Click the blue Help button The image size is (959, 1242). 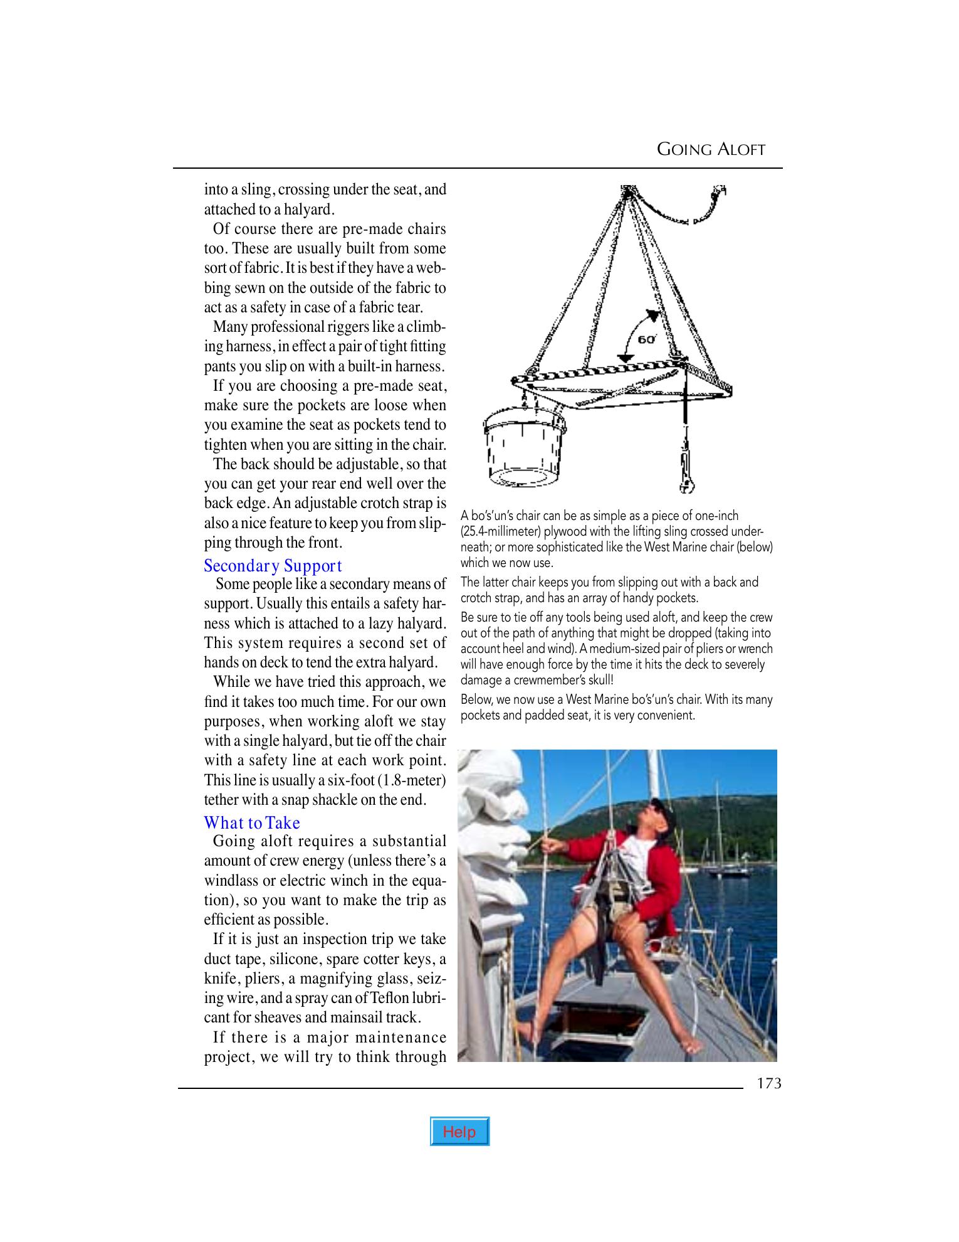(x=459, y=1132)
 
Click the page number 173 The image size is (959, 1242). (x=768, y=1083)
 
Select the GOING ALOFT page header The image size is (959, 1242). (x=711, y=149)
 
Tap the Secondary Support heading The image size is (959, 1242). (x=273, y=566)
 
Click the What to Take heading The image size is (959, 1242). (x=252, y=823)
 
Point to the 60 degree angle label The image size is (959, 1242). (x=646, y=339)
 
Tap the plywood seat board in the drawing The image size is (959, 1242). (x=621, y=383)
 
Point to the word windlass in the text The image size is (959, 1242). (x=229, y=881)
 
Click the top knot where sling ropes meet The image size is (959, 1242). (x=626, y=193)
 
